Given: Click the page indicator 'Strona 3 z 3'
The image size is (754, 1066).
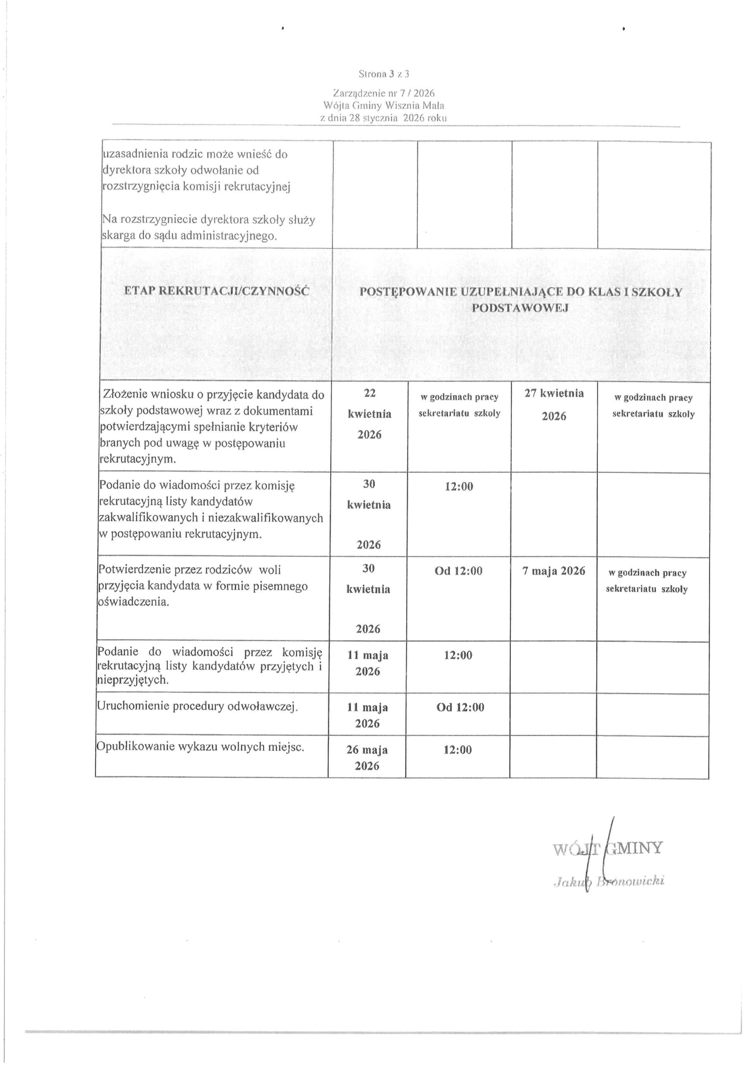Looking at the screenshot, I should click(383, 74).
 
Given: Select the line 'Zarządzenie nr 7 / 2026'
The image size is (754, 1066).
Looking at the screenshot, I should click(383, 93).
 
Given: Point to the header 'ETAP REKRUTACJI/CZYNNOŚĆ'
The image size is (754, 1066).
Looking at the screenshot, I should click(217, 291).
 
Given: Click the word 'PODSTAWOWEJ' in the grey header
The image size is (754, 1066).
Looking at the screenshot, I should click(520, 308).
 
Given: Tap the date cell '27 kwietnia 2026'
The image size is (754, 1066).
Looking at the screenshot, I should click(554, 404).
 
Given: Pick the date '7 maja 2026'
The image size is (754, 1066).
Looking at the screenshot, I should click(554, 571).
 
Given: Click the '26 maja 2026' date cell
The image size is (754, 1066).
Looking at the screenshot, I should click(367, 758).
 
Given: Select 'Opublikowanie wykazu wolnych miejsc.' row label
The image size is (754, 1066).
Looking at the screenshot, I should click(200, 747).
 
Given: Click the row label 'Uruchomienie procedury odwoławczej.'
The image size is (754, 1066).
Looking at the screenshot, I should click(197, 706).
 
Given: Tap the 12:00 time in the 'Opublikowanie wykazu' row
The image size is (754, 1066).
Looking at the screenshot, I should click(457, 750).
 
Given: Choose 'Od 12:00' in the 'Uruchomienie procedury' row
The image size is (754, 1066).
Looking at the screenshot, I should click(460, 707).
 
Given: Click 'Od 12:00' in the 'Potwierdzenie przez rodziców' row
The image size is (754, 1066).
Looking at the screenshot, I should click(459, 571).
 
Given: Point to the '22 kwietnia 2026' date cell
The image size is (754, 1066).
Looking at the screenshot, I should click(370, 413).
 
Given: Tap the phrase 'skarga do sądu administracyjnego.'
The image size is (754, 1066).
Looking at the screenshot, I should click(189, 235).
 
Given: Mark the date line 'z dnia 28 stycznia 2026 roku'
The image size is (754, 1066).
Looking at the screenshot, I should click(383, 118).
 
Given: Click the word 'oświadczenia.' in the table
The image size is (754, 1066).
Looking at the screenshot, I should click(133, 602).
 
